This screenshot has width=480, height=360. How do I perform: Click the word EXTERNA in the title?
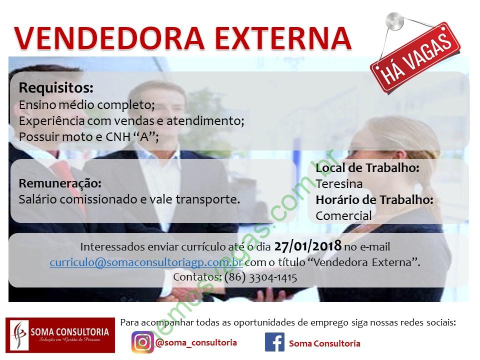pyautogui.click(x=283, y=38)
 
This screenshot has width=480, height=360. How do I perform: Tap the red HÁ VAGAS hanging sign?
pyautogui.click(x=415, y=58)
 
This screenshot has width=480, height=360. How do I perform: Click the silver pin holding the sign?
pyautogui.click(x=394, y=21)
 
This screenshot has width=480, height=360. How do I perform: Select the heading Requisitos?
pyautogui.click(x=56, y=88)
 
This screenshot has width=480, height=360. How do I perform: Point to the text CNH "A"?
pyautogui.click(x=132, y=137)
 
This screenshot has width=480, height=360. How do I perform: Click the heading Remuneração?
pyautogui.click(x=60, y=183)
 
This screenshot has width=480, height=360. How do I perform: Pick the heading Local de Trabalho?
pyautogui.click(x=367, y=168)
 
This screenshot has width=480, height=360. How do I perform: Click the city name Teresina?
pyautogui.click(x=339, y=184)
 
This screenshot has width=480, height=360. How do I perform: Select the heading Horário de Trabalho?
pyautogui.click(x=374, y=200)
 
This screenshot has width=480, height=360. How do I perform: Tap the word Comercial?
pyautogui.click(x=344, y=216)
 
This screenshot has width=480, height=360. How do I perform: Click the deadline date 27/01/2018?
pyautogui.click(x=307, y=246)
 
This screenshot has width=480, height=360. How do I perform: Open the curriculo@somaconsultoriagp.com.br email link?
pyautogui.click(x=146, y=262)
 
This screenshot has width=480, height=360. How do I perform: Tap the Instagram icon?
pyautogui.click(x=142, y=342)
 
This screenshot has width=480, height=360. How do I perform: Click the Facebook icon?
pyautogui.click(x=274, y=342)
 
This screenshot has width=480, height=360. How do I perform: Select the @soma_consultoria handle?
pyautogui.click(x=196, y=342)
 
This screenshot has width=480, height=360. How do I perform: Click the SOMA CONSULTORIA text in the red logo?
pyautogui.click(x=69, y=332)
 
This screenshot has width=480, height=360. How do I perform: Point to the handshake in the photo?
pyautogui.click(x=183, y=294)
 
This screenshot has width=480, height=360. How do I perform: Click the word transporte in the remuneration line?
pyautogui.click(x=208, y=200)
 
